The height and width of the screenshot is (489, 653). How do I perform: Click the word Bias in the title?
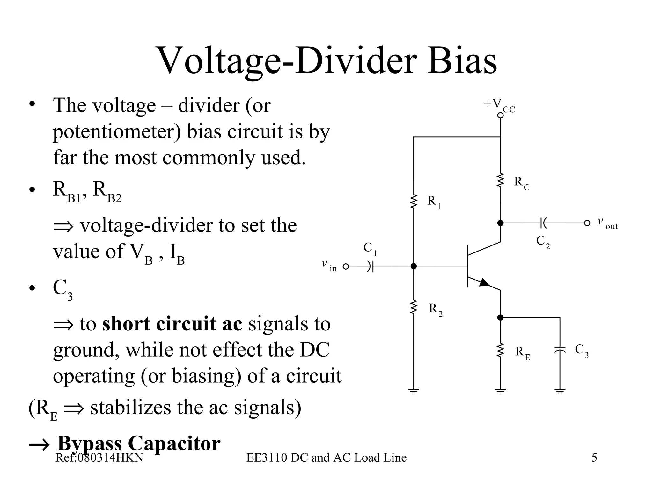pyautogui.click(x=462, y=60)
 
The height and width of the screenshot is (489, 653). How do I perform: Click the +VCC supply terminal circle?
pyautogui.click(x=500, y=116)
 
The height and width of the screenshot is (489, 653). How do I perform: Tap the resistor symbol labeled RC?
pyautogui.click(x=500, y=180)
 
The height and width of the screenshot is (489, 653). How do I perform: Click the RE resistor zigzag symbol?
pyautogui.click(x=500, y=350)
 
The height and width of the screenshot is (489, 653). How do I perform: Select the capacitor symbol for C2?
pyautogui.click(x=543, y=223)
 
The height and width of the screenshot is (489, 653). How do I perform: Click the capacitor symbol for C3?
pyautogui.click(x=560, y=349)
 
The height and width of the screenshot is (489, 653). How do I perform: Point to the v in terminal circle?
pyautogui.click(x=346, y=266)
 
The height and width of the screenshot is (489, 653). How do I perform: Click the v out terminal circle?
pyautogui.click(x=587, y=223)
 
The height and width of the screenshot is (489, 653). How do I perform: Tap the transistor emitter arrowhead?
pyautogui.click(x=484, y=282)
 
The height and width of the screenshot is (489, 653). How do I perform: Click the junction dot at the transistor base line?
pyautogui.click(x=414, y=266)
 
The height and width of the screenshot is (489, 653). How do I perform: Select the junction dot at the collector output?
pyautogui.click(x=500, y=223)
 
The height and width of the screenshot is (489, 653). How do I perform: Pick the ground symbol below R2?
pyautogui.click(x=414, y=391)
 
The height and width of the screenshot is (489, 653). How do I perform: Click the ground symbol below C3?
pyautogui.click(x=560, y=391)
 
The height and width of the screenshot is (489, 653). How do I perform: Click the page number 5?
pyautogui.click(x=594, y=458)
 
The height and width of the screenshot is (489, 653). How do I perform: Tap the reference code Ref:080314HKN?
pyautogui.click(x=99, y=458)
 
